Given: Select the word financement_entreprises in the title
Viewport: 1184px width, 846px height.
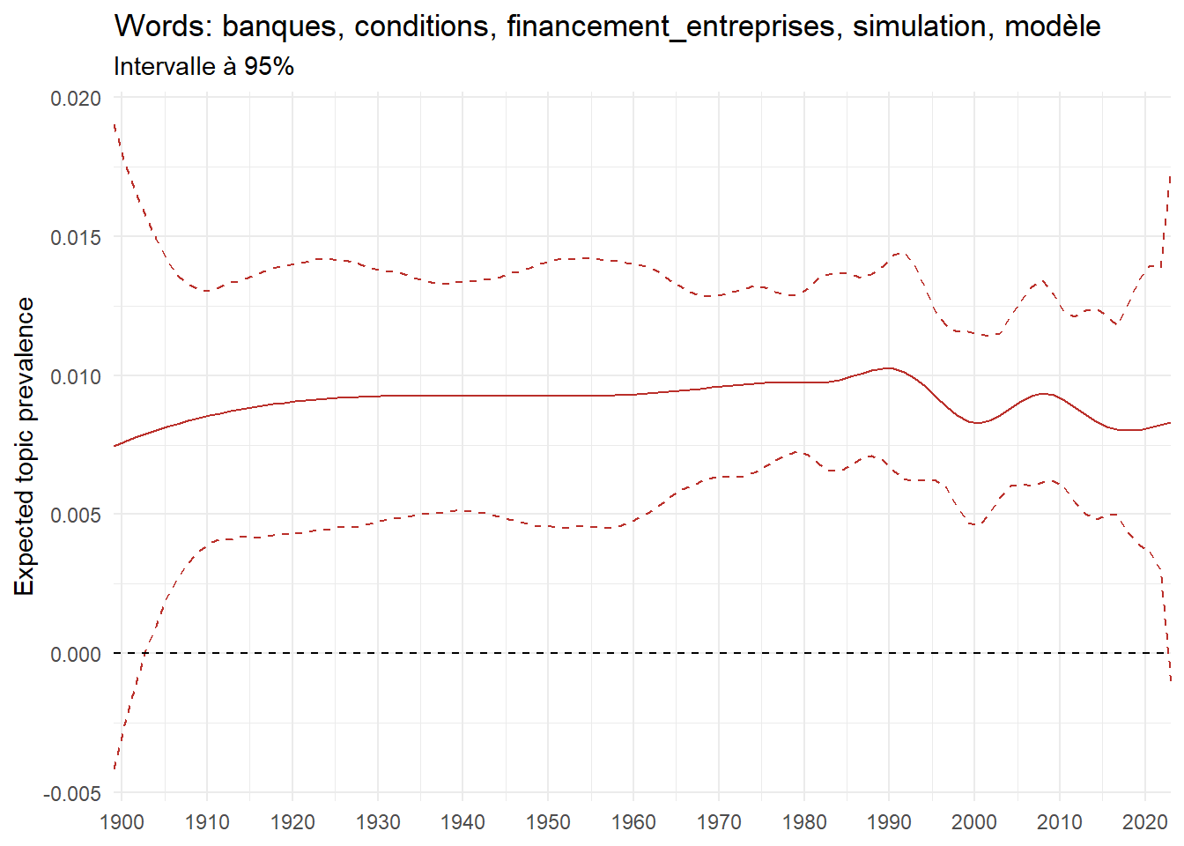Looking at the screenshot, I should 670,26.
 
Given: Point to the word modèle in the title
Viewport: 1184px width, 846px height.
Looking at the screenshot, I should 1052,26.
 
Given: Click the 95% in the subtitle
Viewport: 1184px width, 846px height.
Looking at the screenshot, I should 269,66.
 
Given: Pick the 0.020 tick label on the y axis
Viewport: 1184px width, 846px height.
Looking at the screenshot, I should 76,98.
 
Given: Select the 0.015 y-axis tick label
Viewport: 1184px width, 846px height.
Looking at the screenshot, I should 76,237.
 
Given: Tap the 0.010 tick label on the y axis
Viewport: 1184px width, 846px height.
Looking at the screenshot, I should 76,376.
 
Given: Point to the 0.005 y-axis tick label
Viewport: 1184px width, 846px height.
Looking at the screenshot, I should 76,515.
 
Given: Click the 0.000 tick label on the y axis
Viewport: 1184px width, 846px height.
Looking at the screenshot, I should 76,654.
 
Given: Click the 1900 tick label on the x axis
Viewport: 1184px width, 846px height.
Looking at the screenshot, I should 122,822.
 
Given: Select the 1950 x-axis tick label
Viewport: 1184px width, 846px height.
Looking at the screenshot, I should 548,822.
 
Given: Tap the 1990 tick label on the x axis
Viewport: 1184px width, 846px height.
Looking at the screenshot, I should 889,822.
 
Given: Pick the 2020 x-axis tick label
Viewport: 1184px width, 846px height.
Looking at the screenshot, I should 1144,822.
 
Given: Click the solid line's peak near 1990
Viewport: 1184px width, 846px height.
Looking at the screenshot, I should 888,368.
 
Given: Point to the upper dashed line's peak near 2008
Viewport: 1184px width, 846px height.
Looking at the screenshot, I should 1042,280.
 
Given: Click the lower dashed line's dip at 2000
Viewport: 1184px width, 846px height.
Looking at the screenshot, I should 975,525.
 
